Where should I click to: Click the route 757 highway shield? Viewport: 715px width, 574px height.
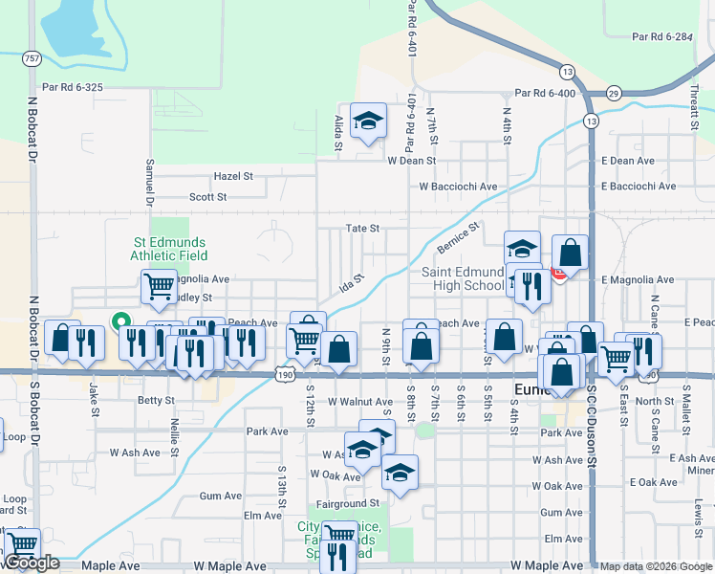[32, 58]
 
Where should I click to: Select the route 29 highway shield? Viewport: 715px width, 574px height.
[613, 93]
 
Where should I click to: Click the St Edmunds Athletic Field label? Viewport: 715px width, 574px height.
[168, 249]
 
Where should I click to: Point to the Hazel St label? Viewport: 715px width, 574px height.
[233, 177]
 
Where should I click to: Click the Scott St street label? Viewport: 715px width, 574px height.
[207, 197]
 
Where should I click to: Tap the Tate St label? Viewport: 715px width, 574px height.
[362, 229]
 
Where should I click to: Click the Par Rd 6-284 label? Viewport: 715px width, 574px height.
[661, 37]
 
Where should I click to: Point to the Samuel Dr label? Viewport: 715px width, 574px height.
[149, 183]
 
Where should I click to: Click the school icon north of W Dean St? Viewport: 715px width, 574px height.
[368, 121]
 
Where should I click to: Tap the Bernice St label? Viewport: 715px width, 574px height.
[458, 239]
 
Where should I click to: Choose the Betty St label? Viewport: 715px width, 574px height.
[157, 401]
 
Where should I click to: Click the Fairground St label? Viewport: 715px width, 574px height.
[348, 503]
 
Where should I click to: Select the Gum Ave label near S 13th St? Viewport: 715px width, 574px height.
[221, 496]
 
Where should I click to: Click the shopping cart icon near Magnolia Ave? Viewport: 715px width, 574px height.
[158, 284]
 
